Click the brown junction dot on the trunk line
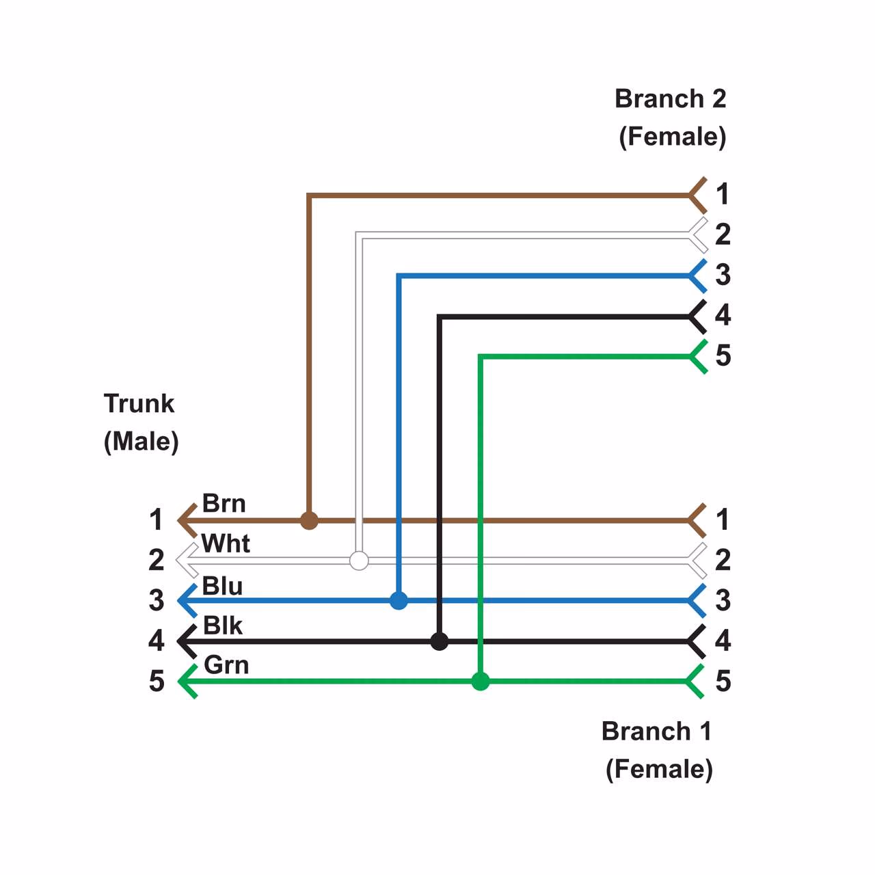[x=309, y=521]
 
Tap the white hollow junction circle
[x=359, y=561]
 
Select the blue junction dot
[x=399, y=601]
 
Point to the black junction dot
[x=440, y=641]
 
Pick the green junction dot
[x=481, y=682]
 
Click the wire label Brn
[x=224, y=504]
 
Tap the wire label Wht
[x=226, y=544]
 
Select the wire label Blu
[x=222, y=586]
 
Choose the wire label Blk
[x=223, y=625]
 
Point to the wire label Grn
[x=226, y=665]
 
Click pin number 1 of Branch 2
[x=723, y=194]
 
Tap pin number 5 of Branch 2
[x=723, y=355]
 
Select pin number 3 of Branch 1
[x=723, y=600]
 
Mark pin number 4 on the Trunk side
[x=157, y=641]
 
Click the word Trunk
[x=139, y=403]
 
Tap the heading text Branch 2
[x=670, y=99]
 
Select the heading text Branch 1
[x=656, y=731]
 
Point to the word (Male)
[x=142, y=441]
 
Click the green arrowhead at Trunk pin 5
[x=187, y=682]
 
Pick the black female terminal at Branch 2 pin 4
[x=697, y=317]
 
